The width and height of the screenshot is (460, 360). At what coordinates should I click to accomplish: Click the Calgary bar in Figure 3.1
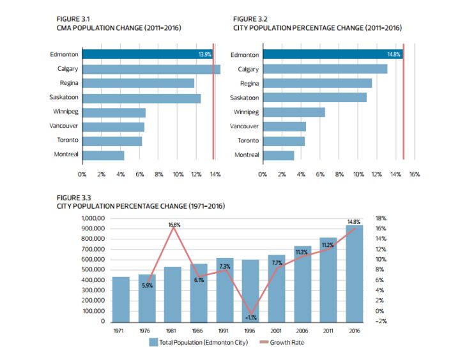click(151, 69)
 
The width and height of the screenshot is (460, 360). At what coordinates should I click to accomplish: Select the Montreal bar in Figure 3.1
click(103, 154)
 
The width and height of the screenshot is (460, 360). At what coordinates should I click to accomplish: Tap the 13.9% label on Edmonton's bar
click(205, 55)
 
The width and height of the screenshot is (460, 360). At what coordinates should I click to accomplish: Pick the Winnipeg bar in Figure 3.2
click(294, 112)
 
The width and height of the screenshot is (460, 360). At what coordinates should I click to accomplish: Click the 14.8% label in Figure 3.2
click(394, 55)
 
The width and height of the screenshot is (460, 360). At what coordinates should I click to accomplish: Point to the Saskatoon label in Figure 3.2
click(245, 98)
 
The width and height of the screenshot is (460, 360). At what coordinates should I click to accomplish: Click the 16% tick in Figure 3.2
click(414, 174)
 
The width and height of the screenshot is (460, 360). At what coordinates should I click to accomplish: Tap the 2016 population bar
click(355, 273)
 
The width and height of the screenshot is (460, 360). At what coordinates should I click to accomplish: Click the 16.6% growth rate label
click(174, 225)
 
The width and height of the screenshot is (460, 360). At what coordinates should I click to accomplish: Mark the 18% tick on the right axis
click(380, 218)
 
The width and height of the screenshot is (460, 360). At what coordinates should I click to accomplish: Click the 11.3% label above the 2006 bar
click(302, 253)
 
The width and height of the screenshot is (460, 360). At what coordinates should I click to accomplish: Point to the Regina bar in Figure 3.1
click(138, 83)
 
